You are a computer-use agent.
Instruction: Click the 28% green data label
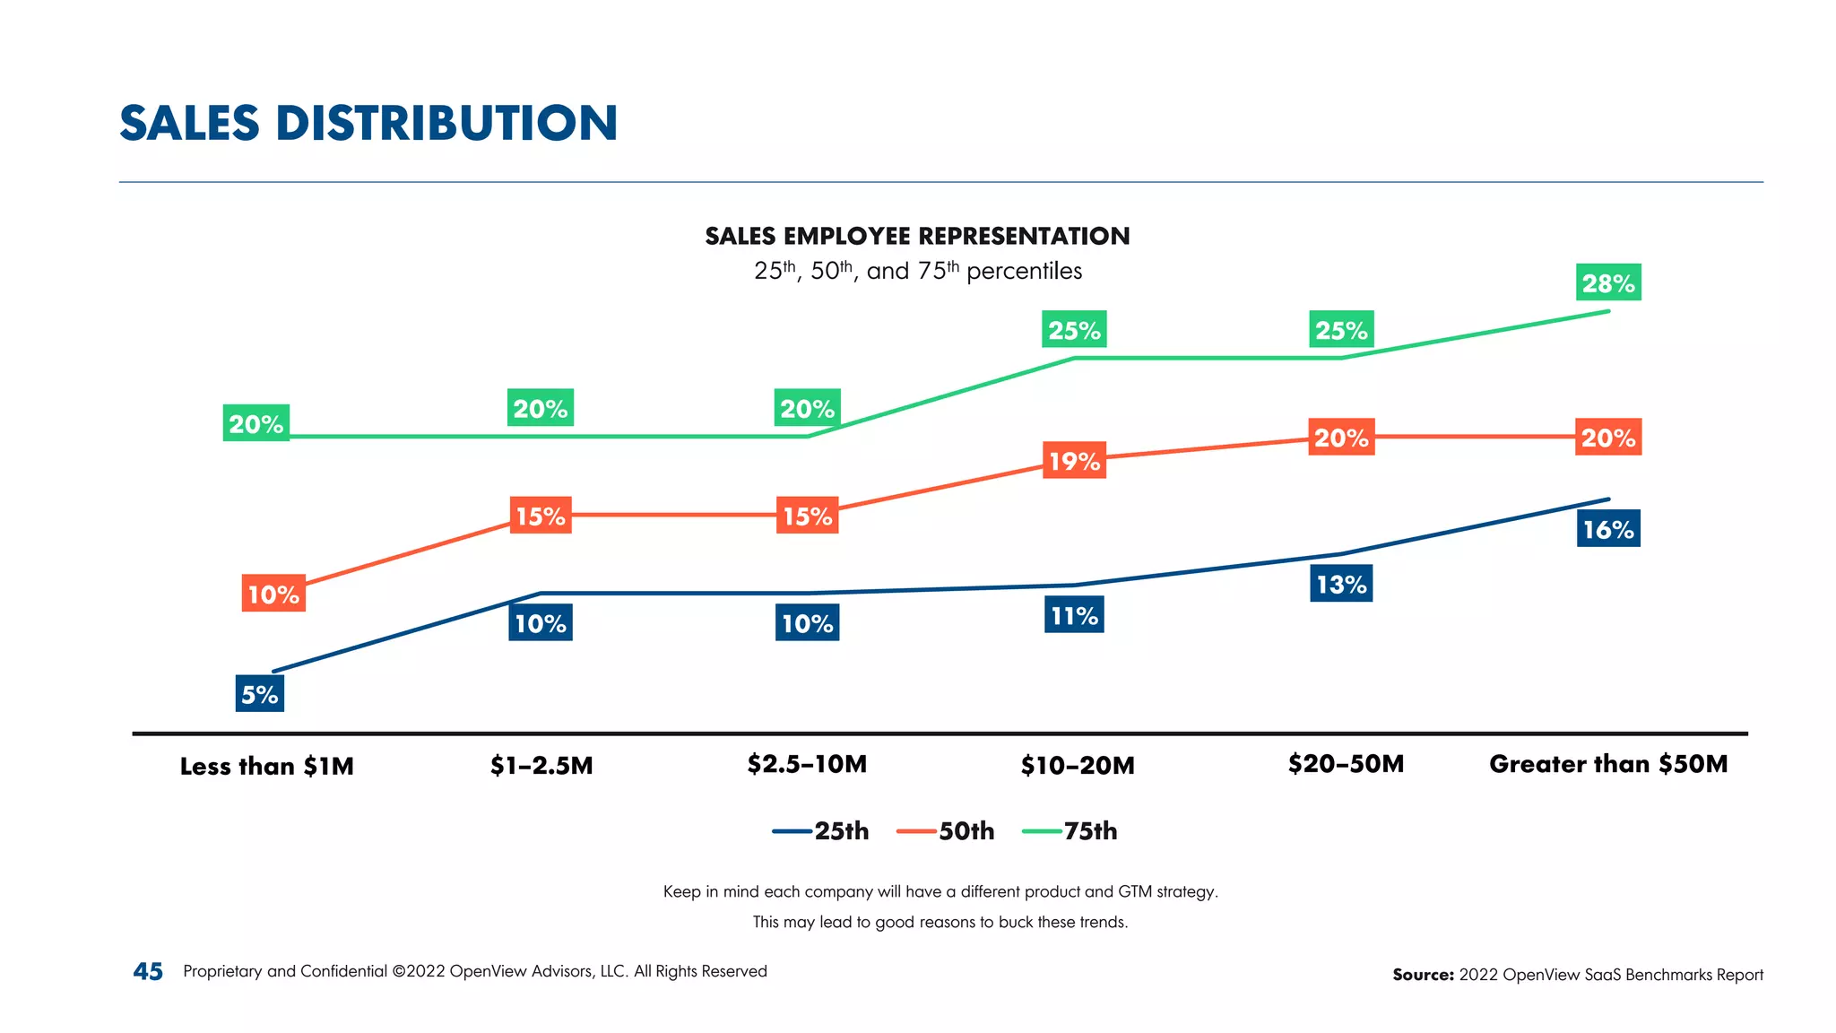click(x=1608, y=282)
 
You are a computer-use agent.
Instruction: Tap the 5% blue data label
click(x=259, y=694)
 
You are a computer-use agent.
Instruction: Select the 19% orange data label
click(x=1074, y=460)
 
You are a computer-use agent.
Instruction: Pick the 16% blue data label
click(x=1608, y=529)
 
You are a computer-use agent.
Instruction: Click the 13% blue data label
click(x=1341, y=584)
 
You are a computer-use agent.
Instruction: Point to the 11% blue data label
click(x=1074, y=615)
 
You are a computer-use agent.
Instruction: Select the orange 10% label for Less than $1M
click(x=273, y=594)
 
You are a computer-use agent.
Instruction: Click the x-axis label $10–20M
click(x=1078, y=765)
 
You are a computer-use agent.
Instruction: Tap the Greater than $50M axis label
click(x=1608, y=764)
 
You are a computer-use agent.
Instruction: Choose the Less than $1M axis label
click(x=266, y=766)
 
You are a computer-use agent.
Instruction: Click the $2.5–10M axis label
click(x=807, y=764)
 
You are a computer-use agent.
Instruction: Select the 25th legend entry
click(x=821, y=831)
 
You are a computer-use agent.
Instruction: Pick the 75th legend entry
click(x=1070, y=831)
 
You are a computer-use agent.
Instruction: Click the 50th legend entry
click(x=946, y=831)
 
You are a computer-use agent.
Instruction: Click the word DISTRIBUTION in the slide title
click(x=446, y=123)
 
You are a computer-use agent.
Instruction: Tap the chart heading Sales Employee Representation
click(x=917, y=236)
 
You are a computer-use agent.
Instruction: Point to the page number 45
click(x=148, y=971)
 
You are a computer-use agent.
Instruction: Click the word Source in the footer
click(x=1422, y=975)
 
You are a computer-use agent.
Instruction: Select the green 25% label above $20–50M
click(x=1341, y=330)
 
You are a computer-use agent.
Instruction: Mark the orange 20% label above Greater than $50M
click(x=1608, y=438)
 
